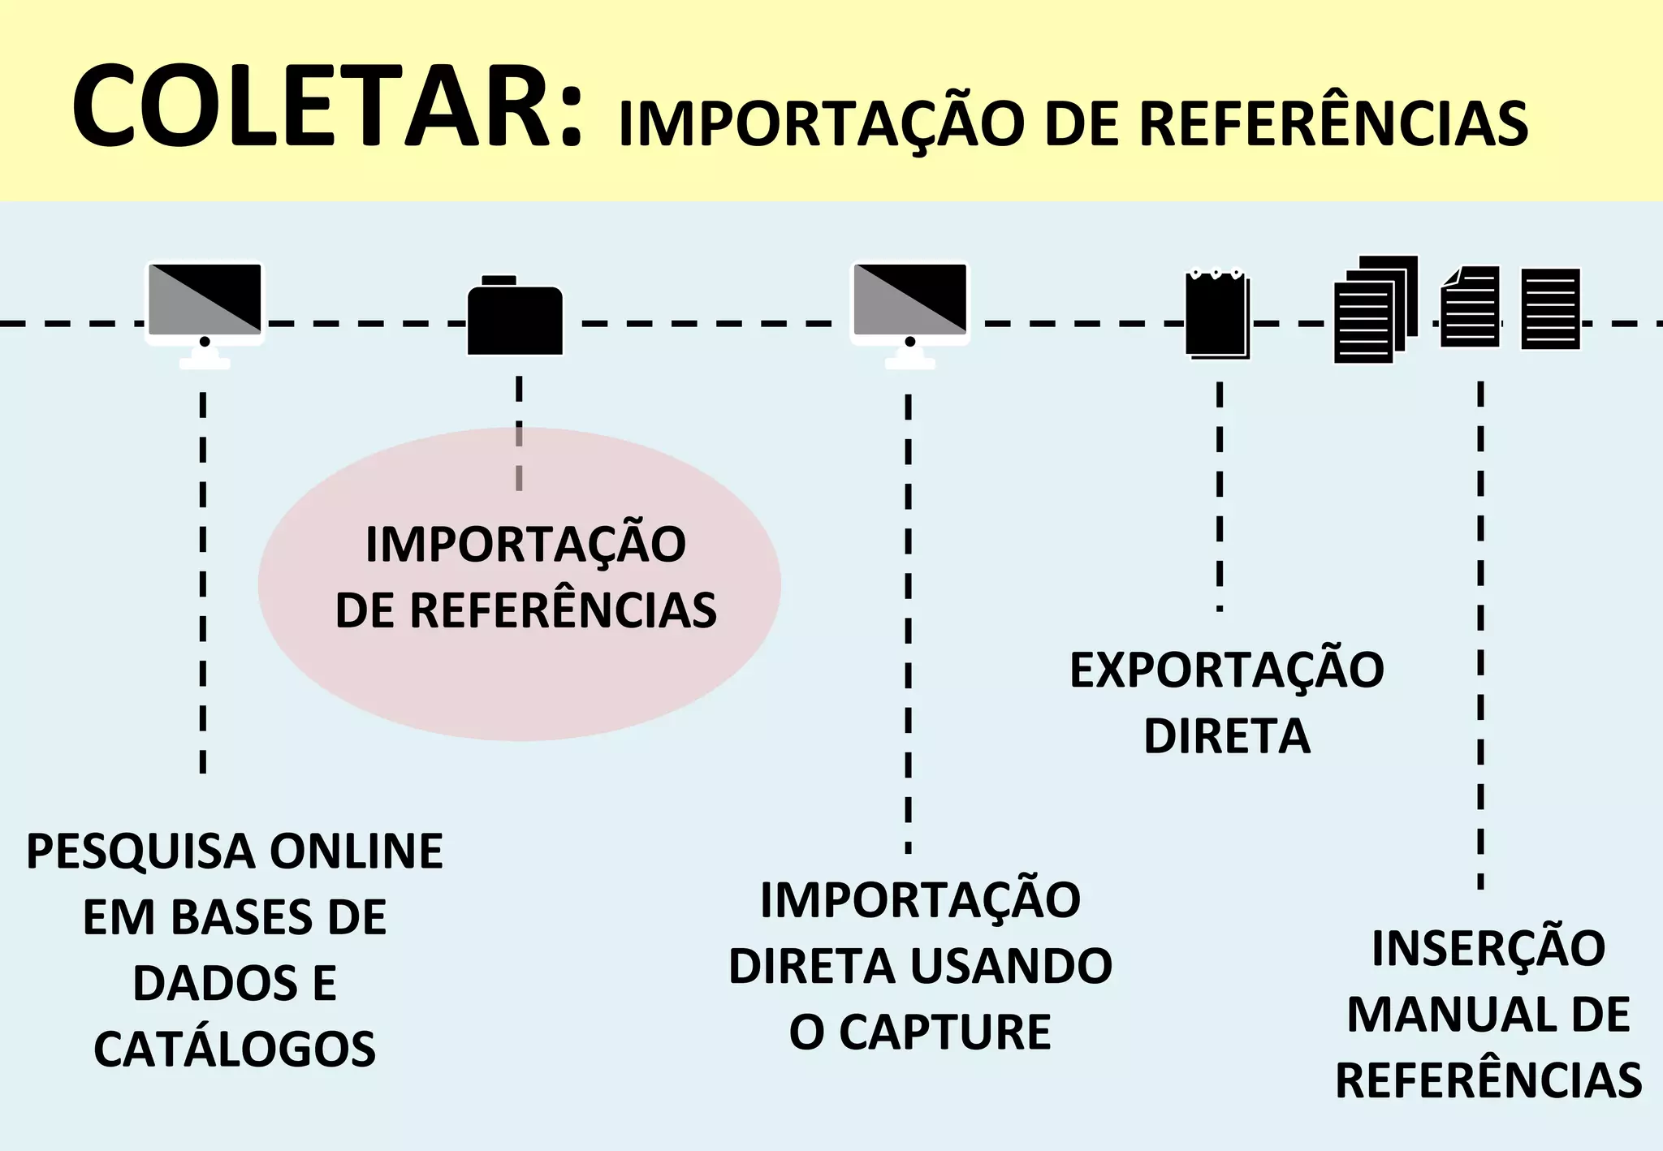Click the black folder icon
pos(515,317)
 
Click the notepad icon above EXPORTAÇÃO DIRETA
pos(1216,313)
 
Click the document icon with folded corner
pos(1470,307)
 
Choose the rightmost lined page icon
pos(1550,308)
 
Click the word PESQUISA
pos(140,851)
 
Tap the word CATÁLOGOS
pos(235,1049)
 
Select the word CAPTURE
pos(944,1032)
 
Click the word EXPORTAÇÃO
pos(1226,670)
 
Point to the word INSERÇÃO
pos(1488,948)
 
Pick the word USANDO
pos(1011,966)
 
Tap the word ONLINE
pos(356,851)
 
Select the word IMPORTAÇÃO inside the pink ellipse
pos(525,544)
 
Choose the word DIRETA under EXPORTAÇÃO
pos(1226,736)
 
